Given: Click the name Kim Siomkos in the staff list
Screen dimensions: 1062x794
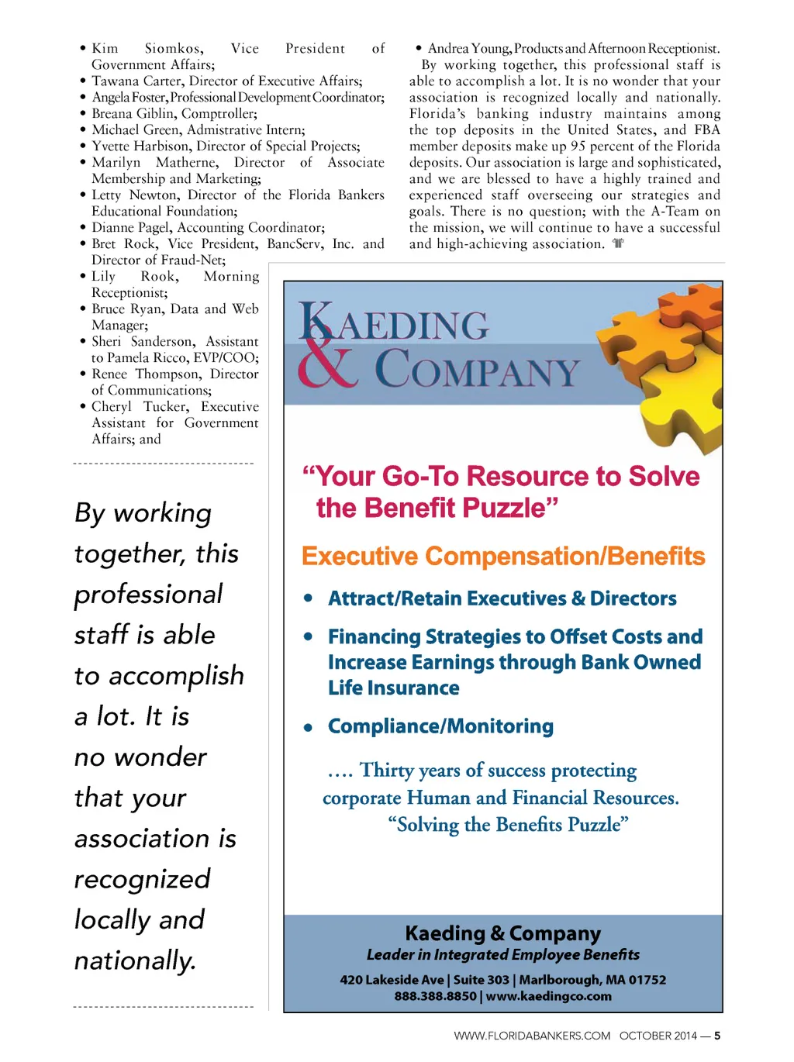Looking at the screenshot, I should pos(147,49).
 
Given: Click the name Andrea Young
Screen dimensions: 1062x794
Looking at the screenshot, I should pos(468,49).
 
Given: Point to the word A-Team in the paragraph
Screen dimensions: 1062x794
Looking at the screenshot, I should pos(674,212).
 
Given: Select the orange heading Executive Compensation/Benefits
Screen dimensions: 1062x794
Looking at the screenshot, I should pos(503,557).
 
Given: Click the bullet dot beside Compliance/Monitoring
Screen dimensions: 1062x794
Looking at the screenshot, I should pos(309,728).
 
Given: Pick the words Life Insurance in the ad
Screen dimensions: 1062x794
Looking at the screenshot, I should pos(394,688).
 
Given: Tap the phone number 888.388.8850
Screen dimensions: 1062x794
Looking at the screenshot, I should pos(435,997).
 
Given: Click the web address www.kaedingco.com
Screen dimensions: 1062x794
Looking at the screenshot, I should pos(549,997).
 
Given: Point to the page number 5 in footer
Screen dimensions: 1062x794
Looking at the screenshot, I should pos(717,1036).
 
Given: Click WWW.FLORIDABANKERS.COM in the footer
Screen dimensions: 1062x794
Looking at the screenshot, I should pos(532,1036).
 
